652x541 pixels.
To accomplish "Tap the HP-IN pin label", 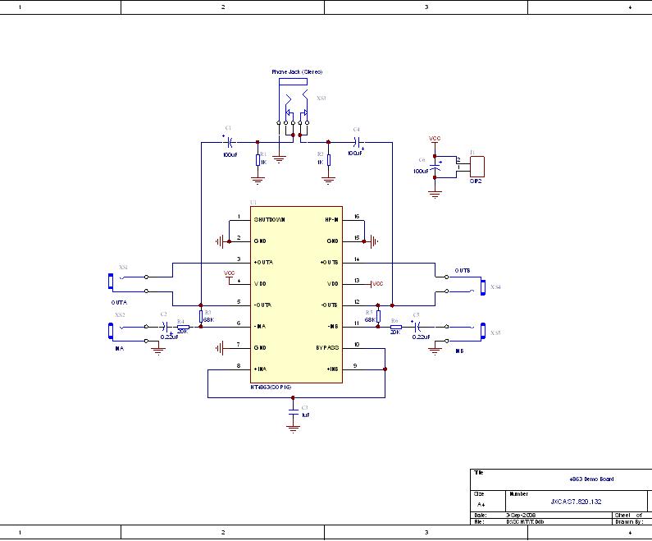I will (x=331, y=219).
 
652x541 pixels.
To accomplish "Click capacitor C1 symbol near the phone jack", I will (x=228, y=142).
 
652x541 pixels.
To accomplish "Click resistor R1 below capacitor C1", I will (x=258, y=160).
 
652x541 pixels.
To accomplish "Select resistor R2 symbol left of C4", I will (x=328, y=160).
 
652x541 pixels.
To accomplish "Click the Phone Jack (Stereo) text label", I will (x=296, y=72).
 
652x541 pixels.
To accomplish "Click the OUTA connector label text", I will (x=119, y=303).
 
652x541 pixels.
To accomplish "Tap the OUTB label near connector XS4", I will (x=463, y=271).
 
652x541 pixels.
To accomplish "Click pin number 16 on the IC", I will (x=357, y=217).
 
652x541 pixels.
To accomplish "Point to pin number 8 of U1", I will (x=239, y=365).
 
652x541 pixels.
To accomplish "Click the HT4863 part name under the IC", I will (x=271, y=386).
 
